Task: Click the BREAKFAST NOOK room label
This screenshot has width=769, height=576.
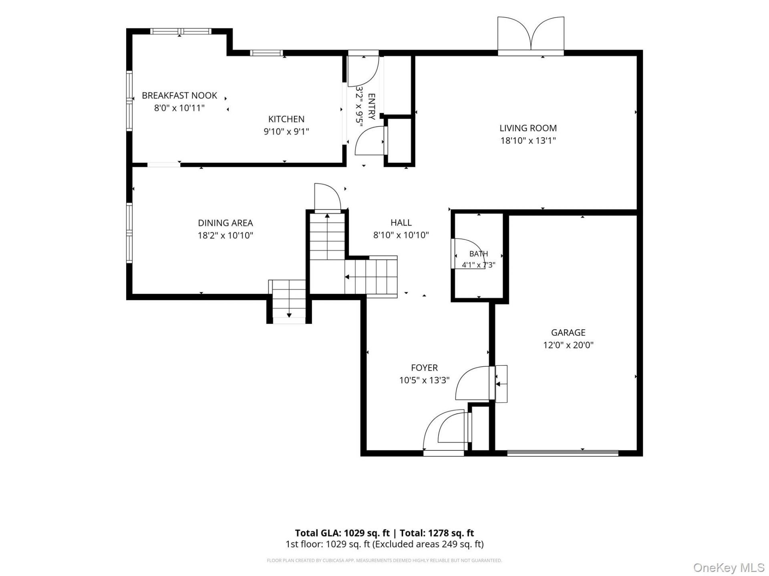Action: point(179,96)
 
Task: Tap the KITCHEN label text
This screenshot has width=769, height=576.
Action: point(286,119)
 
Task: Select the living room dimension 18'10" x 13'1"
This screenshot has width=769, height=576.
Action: point(528,140)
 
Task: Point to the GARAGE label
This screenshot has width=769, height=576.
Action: point(568,332)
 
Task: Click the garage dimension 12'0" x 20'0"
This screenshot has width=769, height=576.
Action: point(568,345)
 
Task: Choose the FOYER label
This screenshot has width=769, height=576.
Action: point(425,368)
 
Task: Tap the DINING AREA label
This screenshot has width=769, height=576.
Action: point(225,223)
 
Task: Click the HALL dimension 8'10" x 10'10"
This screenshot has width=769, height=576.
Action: point(401,235)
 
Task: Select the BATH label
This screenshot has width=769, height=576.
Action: point(479,254)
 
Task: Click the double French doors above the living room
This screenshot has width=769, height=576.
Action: point(531,35)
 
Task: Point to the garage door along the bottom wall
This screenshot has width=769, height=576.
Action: point(563,453)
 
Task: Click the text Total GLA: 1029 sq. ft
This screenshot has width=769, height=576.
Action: point(342,533)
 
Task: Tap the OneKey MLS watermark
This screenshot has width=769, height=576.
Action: point(729,567)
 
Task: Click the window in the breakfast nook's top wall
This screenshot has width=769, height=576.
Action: point(181,31)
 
